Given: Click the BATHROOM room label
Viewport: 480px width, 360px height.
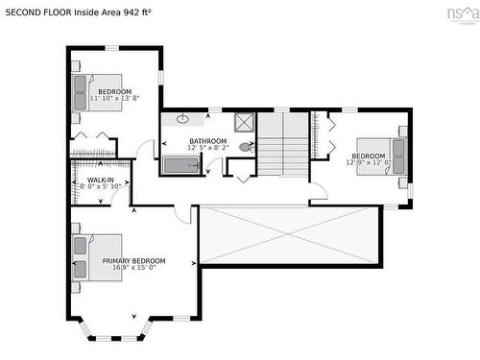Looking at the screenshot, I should pyautogui.click(x=207, y=142).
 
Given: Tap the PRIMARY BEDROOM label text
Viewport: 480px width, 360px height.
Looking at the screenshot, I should pyautogui.click(x=134, y=260).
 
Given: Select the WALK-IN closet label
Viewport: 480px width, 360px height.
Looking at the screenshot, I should pyautogui.click(x=101, y=180).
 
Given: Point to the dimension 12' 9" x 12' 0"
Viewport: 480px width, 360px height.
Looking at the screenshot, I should pyautogui.click(x=370, y=162).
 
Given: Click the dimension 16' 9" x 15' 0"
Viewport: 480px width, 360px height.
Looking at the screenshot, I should pyautogui.click(x=134, y=268).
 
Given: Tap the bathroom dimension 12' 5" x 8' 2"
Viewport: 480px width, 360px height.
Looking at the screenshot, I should pyautogui.click(x=207, y=149).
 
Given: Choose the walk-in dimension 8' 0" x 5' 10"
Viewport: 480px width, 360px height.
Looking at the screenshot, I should pyautogui.click(x=101, y=187).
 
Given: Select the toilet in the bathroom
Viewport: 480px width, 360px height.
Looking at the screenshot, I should pyautogui.click(x=246, y=147).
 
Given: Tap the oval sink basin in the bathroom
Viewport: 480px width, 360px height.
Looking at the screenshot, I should pyautogui.click(x=182, y=119).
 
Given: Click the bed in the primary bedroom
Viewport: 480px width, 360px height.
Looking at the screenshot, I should pyautogui.click(x=96, y=257).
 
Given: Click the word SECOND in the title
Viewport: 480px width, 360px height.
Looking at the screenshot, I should pyautogui.click(x=27, y=13).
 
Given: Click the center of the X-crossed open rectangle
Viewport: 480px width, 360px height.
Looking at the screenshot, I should pyautogui.click(x=290, y=234).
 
